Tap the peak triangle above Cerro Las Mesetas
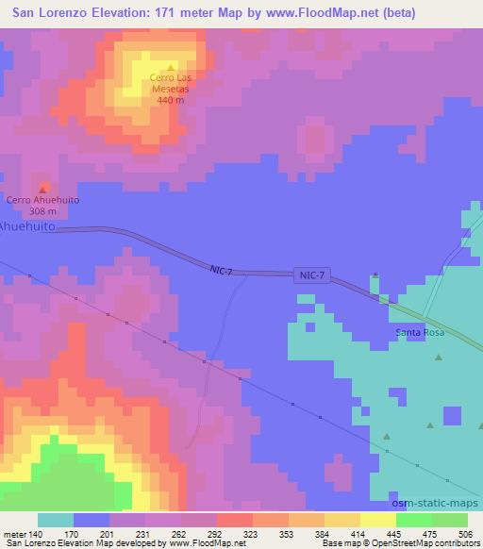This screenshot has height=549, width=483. [169, 66]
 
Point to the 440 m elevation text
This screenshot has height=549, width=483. [171, 99]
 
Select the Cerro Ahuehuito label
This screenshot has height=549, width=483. [42, 200]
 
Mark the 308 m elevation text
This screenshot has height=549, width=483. [42, 211]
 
